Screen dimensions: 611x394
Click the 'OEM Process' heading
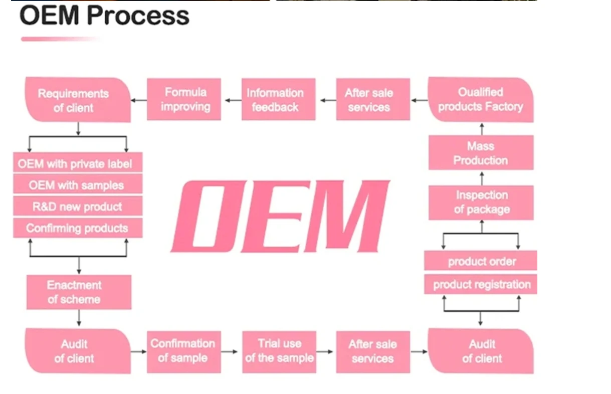(x=104, y=15)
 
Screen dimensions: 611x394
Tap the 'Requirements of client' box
(x=78, y=100)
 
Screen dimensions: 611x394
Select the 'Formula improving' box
(x=184, y=99)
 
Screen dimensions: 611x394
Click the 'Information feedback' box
(x=279, y=99)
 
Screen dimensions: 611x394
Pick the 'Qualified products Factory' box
(x=481, y=100)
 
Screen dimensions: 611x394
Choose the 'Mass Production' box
(x=481, y=152)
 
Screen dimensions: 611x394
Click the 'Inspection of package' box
(x=481, y=203)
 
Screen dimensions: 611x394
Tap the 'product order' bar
(x=481, y=261)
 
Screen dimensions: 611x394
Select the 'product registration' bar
(x=481, y=284)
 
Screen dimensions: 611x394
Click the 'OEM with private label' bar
(x=78, y=162)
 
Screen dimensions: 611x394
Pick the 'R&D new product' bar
(x=78, y=206)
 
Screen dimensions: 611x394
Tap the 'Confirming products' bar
(x=78, y=228)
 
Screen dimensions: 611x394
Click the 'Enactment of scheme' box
(x=79, y=292)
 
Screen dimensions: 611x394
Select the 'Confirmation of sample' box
(x=184, y=352)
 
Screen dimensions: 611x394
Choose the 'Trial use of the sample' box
(x=279, y=352)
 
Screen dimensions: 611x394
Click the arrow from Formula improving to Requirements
(x=139, y=100)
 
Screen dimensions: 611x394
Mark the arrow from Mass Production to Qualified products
(x=482, y=129)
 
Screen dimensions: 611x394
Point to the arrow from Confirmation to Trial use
(x=229, y=352)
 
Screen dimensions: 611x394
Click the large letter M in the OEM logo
(x=346, y=216)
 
